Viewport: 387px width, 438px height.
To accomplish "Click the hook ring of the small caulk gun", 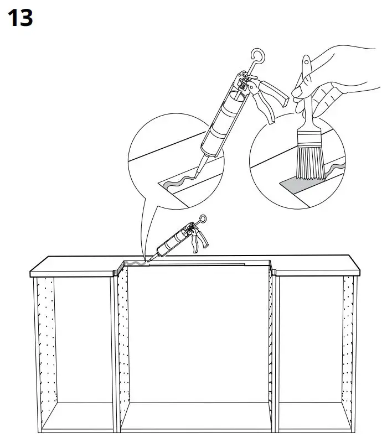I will (203, 218).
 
